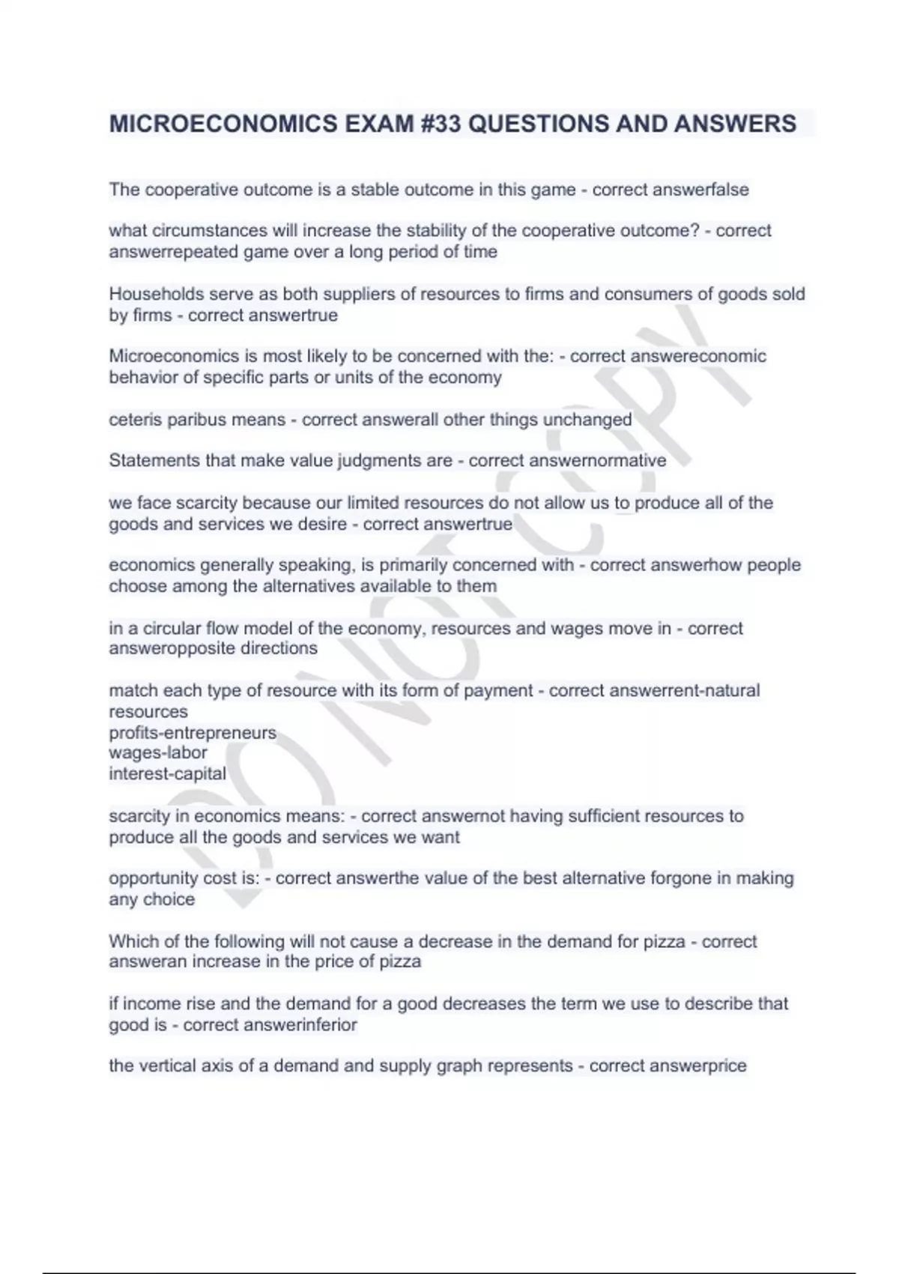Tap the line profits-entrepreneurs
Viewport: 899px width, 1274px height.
[193, 732]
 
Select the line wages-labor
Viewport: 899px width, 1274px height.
[158, 752]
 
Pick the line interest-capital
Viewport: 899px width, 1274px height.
[167, 773]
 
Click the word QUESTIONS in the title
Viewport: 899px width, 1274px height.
[537, 124]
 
